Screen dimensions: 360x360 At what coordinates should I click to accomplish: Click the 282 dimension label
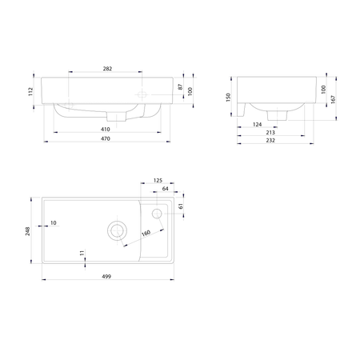tap(107, 69)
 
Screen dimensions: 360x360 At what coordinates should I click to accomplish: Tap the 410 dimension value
tap(106, 130)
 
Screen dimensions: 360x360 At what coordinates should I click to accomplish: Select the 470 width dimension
tap(106, 138)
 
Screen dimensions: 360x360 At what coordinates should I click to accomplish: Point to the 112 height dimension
tap(31, 91)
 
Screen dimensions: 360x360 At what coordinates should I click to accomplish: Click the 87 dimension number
tap(181, 87)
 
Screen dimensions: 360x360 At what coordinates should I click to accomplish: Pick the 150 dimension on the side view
tap(228, 98)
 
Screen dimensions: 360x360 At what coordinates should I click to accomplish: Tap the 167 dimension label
tap(333, 99)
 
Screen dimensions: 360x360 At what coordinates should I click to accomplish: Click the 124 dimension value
tap(258, 125)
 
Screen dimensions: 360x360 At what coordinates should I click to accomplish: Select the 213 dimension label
tap(270, 133)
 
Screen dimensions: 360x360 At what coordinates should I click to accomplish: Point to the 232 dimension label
tap(270, 141)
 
